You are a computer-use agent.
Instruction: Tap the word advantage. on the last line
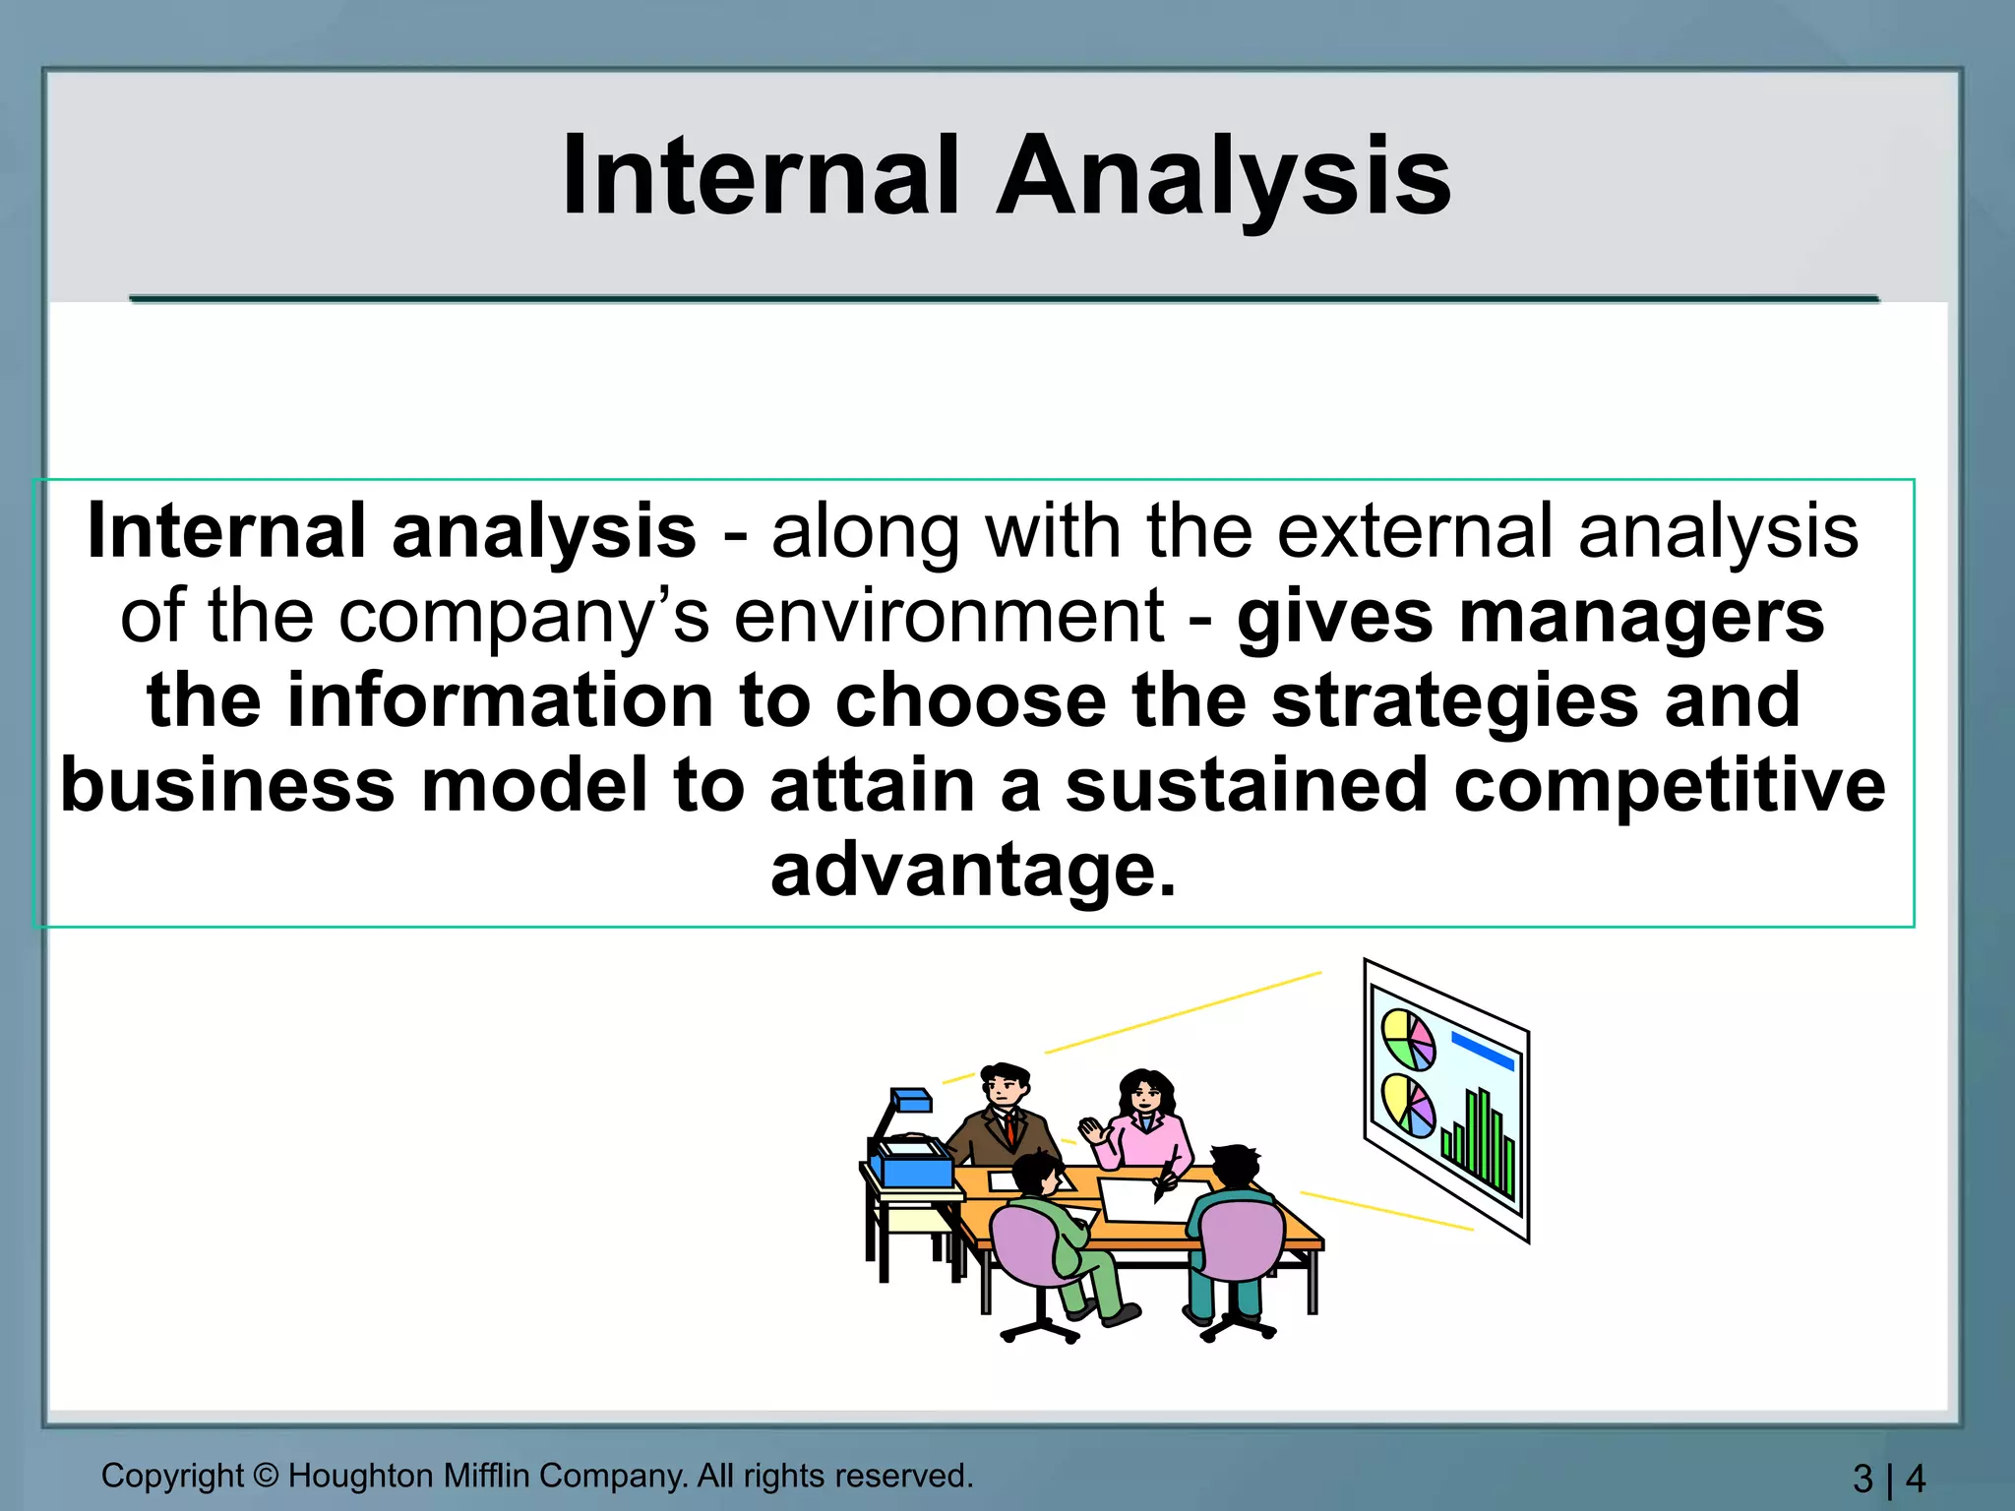tap(973, 871)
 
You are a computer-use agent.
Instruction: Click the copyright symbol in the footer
tap(266, 1476)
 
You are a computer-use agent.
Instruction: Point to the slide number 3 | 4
tap(1888, 1479)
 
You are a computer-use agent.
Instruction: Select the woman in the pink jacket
tap(1146, 1121)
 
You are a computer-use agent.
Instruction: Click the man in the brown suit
tap(1004, 1117)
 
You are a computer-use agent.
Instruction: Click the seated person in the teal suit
tap(1230, 1230)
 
